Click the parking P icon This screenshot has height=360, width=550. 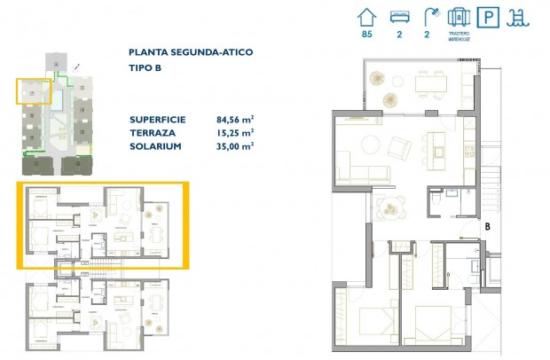[x=486, y=17]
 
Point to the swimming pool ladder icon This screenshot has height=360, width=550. [x=515, y=17]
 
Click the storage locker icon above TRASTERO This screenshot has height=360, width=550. [x=458, y=16]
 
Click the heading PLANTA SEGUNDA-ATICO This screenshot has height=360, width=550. [x=191, y=52]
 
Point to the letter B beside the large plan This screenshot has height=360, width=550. [x=487, y=227]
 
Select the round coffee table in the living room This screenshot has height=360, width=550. [x=371, y=147]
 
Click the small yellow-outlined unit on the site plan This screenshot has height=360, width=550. [x=32, y=91]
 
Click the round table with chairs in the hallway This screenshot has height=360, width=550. [x=388, y=208]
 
